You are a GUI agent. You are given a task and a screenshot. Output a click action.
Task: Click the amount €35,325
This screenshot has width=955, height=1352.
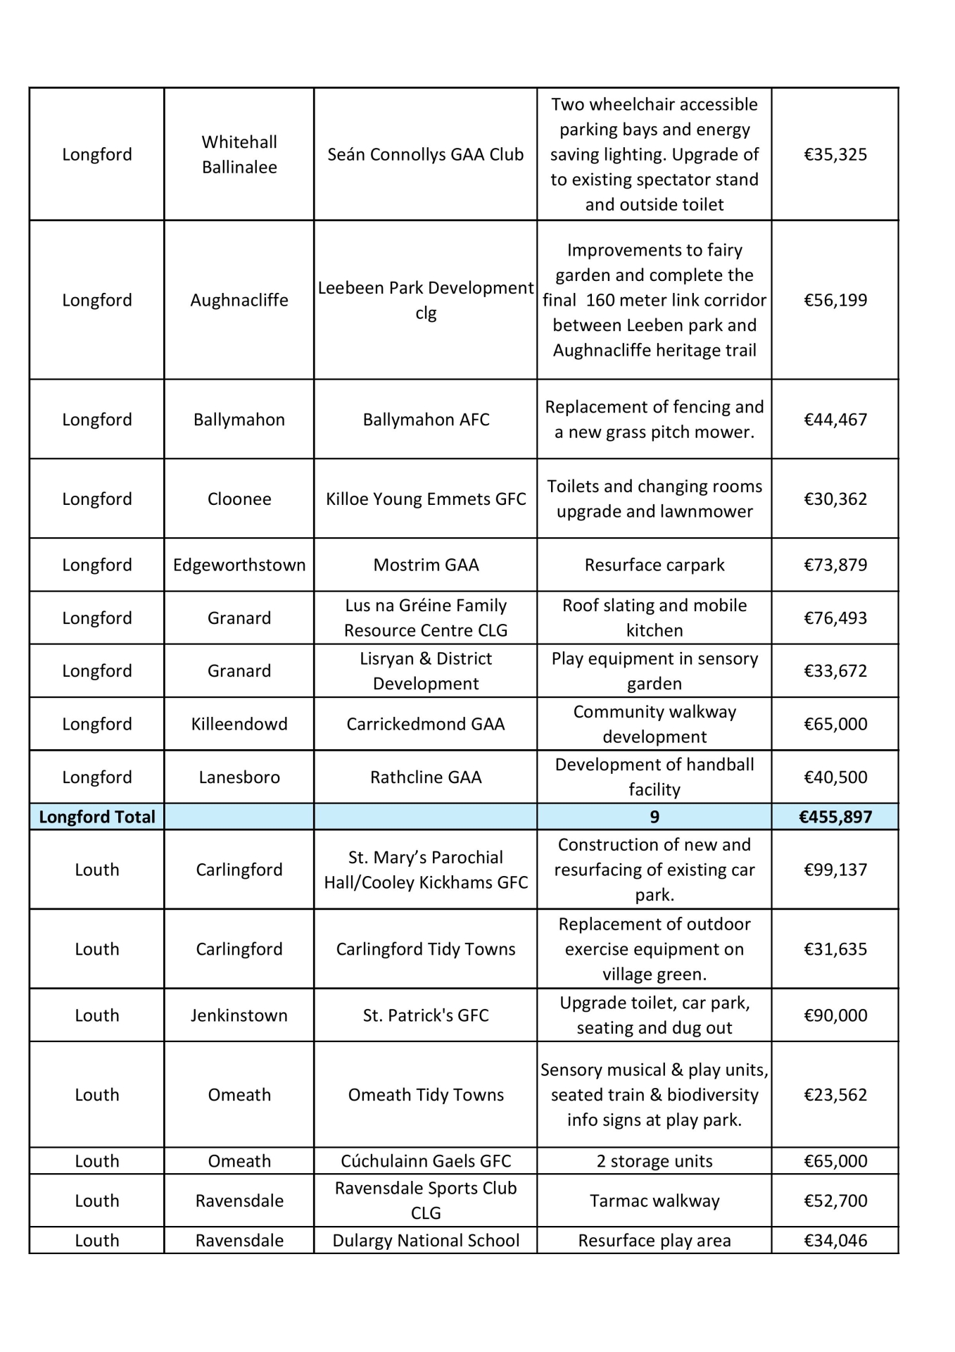click(835, 154)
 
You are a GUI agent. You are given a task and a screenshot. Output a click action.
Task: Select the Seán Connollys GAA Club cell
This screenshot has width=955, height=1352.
click(425, 154)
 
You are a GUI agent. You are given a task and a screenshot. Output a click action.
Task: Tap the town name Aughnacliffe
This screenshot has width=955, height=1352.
click(239, 300)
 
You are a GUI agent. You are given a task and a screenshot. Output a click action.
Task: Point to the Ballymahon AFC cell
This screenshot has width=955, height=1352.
click(426, 420)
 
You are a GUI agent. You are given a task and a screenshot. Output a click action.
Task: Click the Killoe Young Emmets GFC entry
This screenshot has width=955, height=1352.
click(426, 499)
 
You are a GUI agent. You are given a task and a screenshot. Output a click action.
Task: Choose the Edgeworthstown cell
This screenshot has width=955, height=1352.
click(239, 565)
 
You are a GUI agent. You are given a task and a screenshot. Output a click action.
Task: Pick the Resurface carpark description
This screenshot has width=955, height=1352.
click(654, 565)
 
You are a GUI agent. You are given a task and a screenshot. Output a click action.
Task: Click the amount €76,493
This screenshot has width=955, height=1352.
click(835, 618)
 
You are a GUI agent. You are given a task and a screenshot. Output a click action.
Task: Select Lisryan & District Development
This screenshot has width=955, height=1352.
click(426, 671)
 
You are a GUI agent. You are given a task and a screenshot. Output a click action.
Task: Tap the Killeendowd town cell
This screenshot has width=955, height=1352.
click(239, 724)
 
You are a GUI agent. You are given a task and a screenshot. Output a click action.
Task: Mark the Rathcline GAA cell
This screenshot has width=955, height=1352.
click(426, 777)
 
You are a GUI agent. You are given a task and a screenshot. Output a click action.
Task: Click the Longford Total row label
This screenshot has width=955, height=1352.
click(97, 817)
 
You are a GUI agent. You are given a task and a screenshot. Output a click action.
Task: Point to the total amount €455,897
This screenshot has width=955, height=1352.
click(835, 817)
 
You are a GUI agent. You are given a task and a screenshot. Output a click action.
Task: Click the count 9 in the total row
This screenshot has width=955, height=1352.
click(654, 817)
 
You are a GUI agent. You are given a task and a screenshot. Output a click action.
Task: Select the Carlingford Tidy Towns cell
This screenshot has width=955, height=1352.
click(426, 949)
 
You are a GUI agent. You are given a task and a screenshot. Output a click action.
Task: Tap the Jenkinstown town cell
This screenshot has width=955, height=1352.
click(239, 1015)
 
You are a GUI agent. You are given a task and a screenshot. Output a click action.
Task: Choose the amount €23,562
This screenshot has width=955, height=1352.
click(835, 1095)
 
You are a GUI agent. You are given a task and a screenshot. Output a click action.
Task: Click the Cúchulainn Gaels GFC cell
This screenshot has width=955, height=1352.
click(426, 1161)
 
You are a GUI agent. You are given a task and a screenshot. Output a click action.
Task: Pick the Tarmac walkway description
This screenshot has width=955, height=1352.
click(654, 1201)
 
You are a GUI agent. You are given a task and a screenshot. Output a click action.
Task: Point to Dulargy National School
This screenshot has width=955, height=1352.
click(426, 1241)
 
